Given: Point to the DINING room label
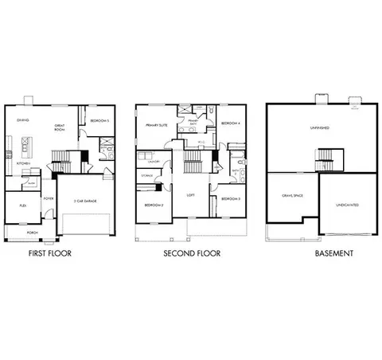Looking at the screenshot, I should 23,120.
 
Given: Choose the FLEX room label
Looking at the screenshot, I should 21,205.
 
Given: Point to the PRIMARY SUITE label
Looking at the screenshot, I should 156,125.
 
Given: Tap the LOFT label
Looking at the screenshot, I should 190,194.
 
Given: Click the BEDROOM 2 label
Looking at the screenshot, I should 153,205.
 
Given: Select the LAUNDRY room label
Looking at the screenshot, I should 154,162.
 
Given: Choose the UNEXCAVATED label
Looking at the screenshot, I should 346,205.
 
